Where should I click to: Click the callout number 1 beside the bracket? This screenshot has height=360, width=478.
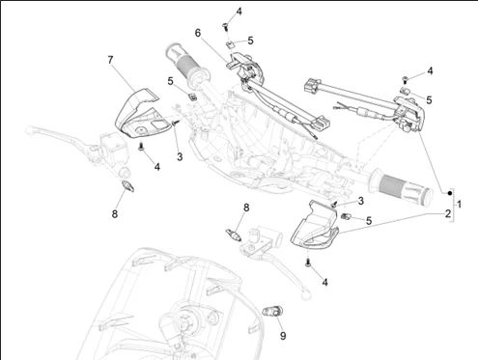[460, 204]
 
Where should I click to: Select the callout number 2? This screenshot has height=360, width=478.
[448, 213]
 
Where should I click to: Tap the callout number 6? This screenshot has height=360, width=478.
[198, 33]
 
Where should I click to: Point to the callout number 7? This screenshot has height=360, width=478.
[110, 60]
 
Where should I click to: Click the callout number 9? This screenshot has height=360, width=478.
[283, 336]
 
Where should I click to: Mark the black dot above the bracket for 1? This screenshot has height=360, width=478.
[450, 193]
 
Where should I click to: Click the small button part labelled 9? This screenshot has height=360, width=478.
[272, 312]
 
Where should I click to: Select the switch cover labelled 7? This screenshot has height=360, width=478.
[141, 113]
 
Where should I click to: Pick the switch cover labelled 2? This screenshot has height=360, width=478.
[315, 228]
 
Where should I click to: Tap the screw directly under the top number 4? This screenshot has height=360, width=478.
[226, 27]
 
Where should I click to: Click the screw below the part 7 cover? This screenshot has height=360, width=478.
[141, 147]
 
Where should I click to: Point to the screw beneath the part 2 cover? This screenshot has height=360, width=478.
[308, 263]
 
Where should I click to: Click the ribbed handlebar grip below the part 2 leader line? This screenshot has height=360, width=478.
[401, 187]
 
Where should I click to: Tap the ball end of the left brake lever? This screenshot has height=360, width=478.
[30, 130]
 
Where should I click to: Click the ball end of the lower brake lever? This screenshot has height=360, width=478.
[306, 294]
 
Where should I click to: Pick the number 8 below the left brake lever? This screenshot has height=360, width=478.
[115, 213]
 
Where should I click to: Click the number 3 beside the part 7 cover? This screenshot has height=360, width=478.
[180, 156]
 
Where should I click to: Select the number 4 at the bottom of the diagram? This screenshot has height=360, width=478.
[324, 282]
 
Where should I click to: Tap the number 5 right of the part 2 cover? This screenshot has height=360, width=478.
[369, 221]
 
